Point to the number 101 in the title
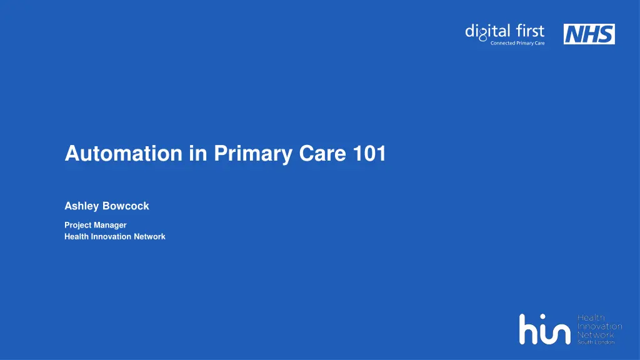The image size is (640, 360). pyautogui.click(x=369, y=154)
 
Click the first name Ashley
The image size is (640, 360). pyautogui.click(x=81, y=206)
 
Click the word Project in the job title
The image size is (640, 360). pyautogui.click(x=77, y=225)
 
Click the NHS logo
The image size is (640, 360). pyautogui.click(x=589, y=34)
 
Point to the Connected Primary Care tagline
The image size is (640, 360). pyautogui.click(x=517, y=43)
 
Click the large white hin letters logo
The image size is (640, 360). pyautogui.click(x=544, y=329)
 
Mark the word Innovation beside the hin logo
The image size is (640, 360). pyautogui.click(x=598, y=326)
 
